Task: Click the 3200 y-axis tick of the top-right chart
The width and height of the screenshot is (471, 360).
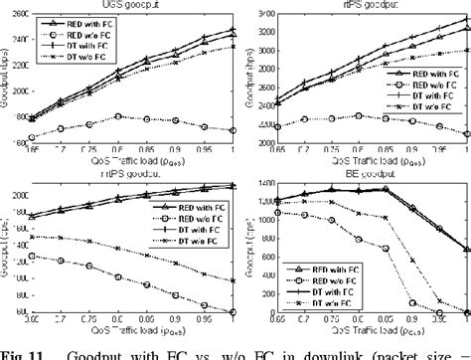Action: pos(260,34)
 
